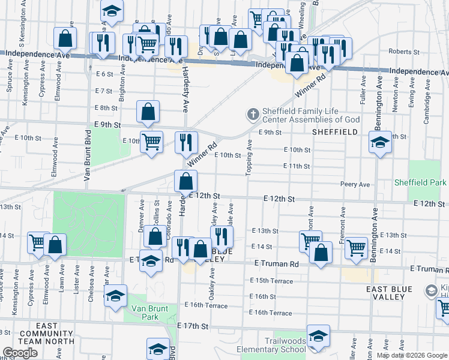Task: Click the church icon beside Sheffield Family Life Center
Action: pos(253,113)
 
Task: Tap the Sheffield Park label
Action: pos(420,182)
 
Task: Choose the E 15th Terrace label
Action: pos(273,281)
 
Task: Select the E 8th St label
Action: pos(106,108)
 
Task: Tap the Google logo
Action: pos(20,353)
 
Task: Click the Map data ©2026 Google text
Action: pos(411,355)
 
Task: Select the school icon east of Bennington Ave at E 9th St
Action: pos(380,143)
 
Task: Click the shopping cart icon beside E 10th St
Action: pos(152,142)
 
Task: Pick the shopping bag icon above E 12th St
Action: pos(186,180)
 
